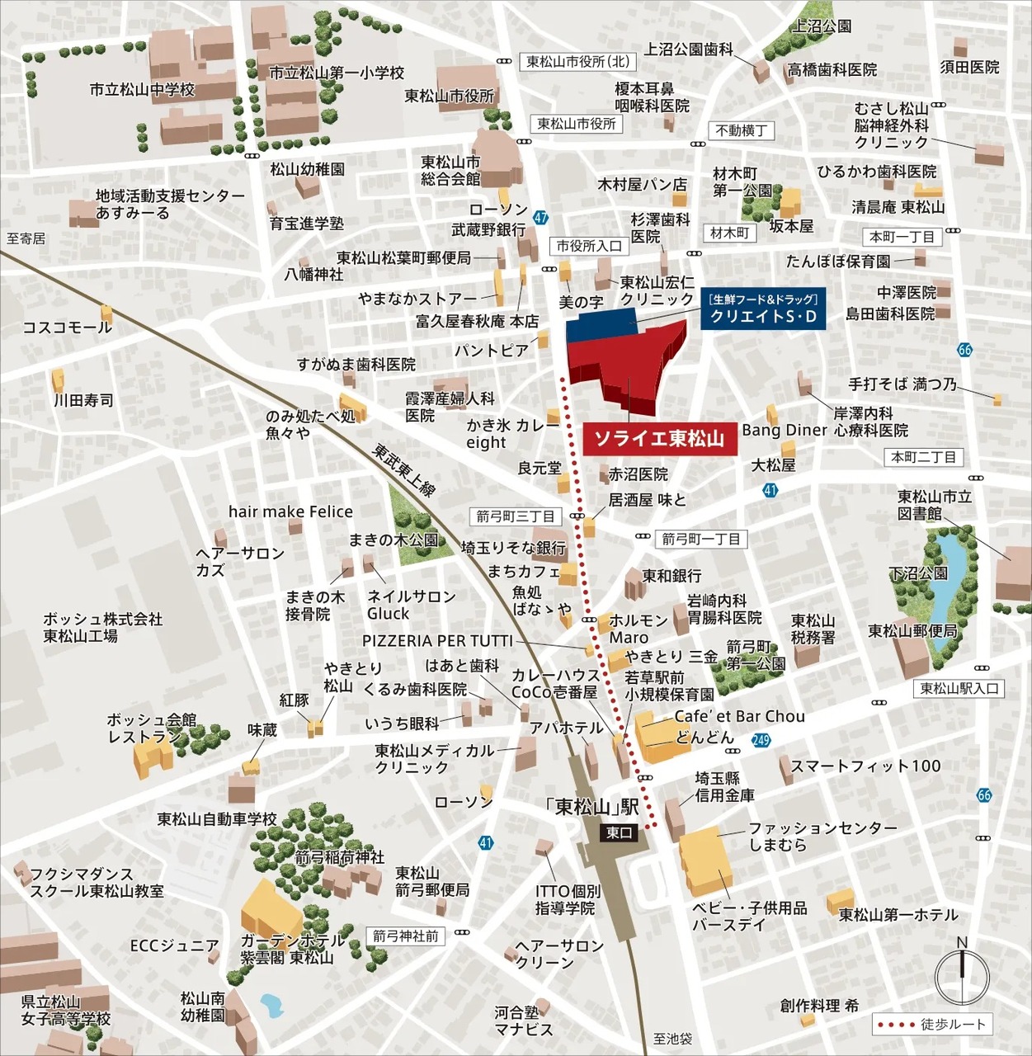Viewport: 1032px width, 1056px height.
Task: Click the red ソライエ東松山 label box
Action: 659,439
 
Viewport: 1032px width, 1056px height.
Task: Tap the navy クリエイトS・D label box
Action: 763,309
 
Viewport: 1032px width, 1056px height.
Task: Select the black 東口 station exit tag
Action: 619,833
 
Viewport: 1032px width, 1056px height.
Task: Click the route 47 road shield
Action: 540,218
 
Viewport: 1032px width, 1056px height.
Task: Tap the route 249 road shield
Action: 761,740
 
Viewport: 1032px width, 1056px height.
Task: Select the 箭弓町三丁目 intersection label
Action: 516,516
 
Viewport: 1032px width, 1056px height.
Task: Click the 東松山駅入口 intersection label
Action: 959,688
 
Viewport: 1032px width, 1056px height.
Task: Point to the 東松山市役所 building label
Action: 450,97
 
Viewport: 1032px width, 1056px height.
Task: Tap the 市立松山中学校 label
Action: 142,89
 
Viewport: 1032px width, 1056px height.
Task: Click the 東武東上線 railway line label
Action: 403,471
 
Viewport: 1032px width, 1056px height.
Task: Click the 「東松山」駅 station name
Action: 592,807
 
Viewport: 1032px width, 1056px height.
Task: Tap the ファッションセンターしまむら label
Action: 822,836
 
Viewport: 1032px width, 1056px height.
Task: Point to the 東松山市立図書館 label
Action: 935,505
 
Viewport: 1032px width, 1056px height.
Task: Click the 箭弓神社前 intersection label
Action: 405,936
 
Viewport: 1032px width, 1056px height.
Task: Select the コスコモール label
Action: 67,328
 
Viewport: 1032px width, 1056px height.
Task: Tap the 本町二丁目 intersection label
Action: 923,457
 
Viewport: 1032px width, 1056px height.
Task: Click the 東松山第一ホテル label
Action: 898,915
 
